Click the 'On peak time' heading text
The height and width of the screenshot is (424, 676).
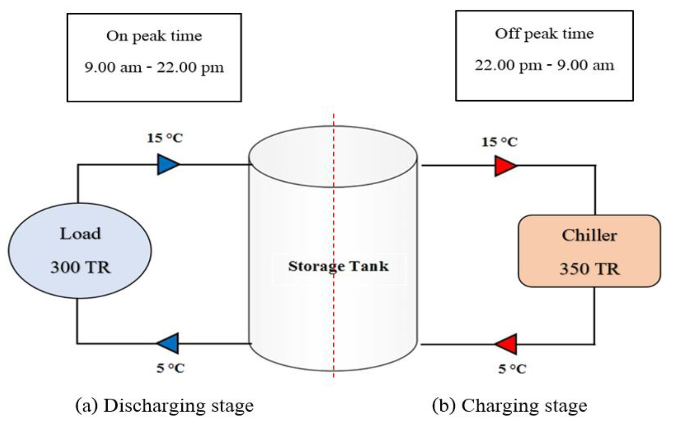click(x=154, y=36)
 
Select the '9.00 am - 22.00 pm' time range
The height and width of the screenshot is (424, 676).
click(x=154, y=68)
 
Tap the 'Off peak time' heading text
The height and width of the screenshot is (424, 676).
click(x=544, y=34)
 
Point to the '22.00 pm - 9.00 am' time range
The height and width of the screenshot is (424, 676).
click(x=544, y=66)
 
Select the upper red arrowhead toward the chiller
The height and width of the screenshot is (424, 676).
click(x=504, y=166)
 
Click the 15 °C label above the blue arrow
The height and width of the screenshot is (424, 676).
click(x=165, y=138)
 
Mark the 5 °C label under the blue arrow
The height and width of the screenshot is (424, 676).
click(x=170, y=368)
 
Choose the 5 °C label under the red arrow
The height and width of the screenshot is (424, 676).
click(x=512, y=369)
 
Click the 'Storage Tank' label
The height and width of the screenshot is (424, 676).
click(x=338, y=266)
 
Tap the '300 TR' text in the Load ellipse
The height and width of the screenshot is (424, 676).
click(x=81, y=267)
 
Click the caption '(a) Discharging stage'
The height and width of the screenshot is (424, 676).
click(x=165, y=406)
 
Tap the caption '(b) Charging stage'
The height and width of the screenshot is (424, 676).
click(x=510, y=406)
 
